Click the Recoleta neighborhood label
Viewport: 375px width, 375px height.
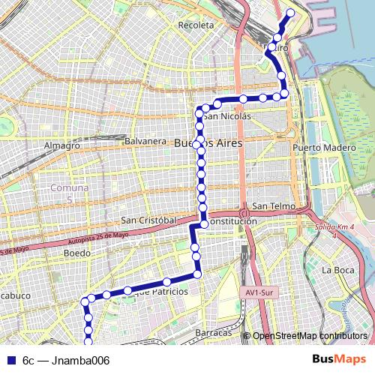point(196,25)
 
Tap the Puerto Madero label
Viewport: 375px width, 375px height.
point(325,148)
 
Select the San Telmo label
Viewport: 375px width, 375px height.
point(271,205)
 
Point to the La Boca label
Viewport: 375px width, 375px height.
point(336,269)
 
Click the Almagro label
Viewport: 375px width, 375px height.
point(62,145)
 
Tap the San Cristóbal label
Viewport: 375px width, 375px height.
point(148,220)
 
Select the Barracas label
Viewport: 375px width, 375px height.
point(213,331)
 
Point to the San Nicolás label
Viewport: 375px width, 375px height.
point(226,116)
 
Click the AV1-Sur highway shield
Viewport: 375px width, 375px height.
point(257,293)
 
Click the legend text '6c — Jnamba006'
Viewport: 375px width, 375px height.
point(66,361)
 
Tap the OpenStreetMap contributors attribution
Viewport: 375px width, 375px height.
point(310,336)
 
